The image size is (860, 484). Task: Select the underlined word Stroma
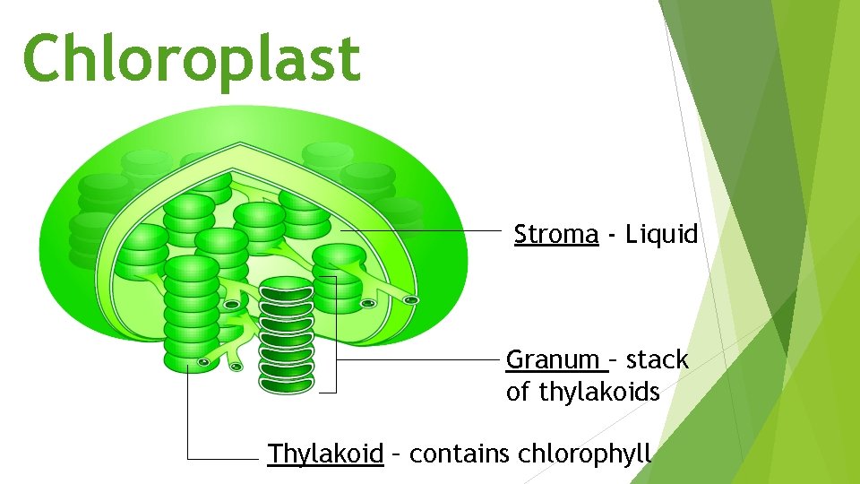point(555,235)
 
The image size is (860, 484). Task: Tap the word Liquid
point(662,235)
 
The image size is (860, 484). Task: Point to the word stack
point(657,360)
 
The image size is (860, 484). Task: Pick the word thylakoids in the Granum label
point(600,393)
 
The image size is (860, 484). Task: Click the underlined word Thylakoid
point(325,454)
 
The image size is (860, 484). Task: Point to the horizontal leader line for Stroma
point(421,230)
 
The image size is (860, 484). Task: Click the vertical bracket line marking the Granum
point(336,336)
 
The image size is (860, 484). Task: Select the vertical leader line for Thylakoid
point(188,412)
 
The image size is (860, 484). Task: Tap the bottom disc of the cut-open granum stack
point(287,383)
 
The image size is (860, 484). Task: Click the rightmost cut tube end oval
point(410,299)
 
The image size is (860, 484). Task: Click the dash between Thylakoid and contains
point(396,454)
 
